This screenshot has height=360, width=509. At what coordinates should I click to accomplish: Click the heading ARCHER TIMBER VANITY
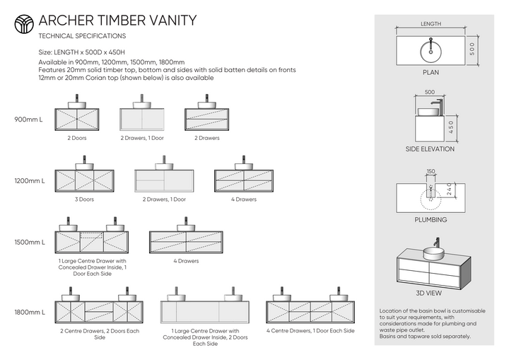tap(117, 21)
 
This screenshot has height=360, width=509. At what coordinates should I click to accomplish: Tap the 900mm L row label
tap(29, 120)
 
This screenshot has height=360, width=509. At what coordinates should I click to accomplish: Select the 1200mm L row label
tap(29, 181)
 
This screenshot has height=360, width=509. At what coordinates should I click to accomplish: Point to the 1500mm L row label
tap(29, 242)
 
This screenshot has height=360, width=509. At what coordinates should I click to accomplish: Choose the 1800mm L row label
tap(29, 312)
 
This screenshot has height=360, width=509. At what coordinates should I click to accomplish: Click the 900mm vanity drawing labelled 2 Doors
tap(77, 117)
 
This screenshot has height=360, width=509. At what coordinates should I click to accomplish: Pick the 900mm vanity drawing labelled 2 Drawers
tap(206, 117)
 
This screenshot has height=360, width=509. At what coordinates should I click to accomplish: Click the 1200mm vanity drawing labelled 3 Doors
tap(84, 180)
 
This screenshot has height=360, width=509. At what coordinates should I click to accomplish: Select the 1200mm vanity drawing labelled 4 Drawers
tap(244, 180)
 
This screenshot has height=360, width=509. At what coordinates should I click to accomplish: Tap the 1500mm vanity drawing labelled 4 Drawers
tap(186, 241)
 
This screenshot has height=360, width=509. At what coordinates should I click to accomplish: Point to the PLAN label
tap(431, 72)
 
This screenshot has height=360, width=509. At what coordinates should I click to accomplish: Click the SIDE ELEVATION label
tap(431, 149)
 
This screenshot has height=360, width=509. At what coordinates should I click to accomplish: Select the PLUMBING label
tap(431, 220)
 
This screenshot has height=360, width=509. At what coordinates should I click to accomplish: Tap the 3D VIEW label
tap(431, 292)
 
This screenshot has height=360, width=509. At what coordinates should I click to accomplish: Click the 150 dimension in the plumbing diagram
tap(431, 170)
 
